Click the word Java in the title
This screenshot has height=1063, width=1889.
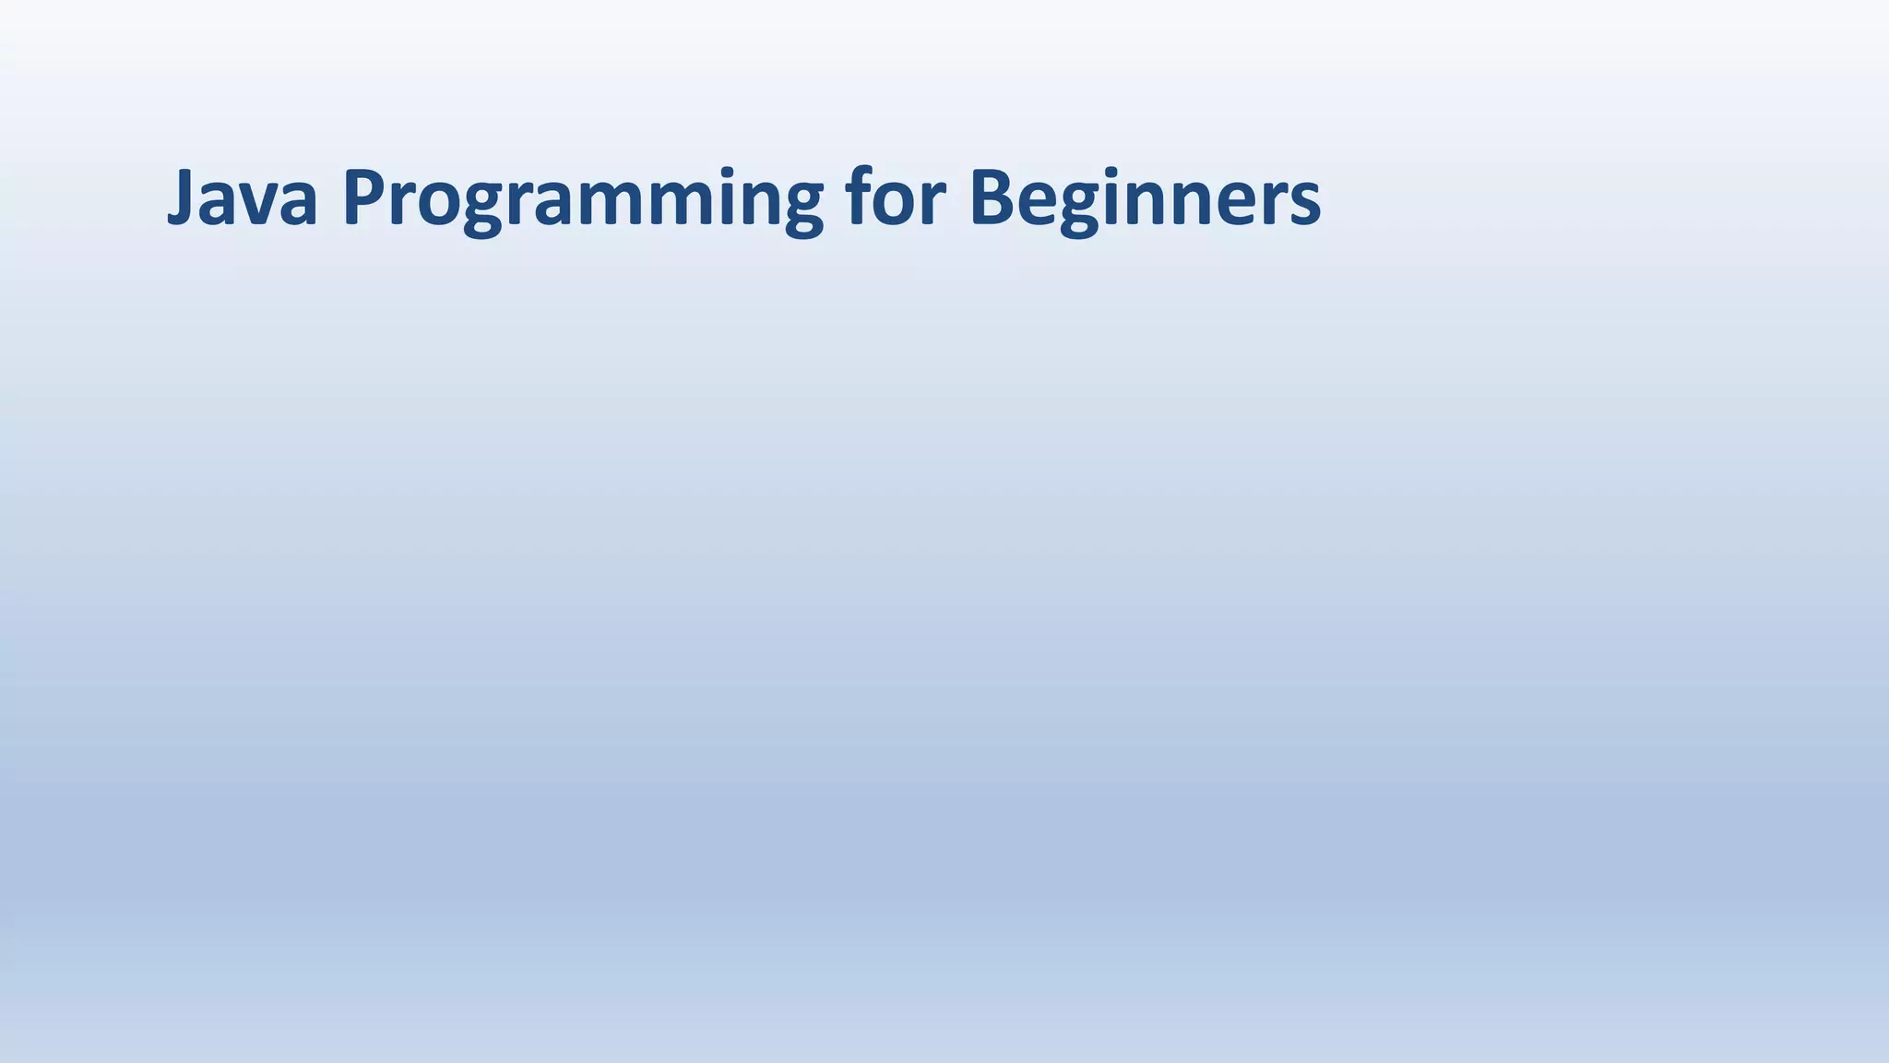coord(243,197)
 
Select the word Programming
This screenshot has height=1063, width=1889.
coord(582,199)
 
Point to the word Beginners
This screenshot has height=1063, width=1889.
coord(1145,199)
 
